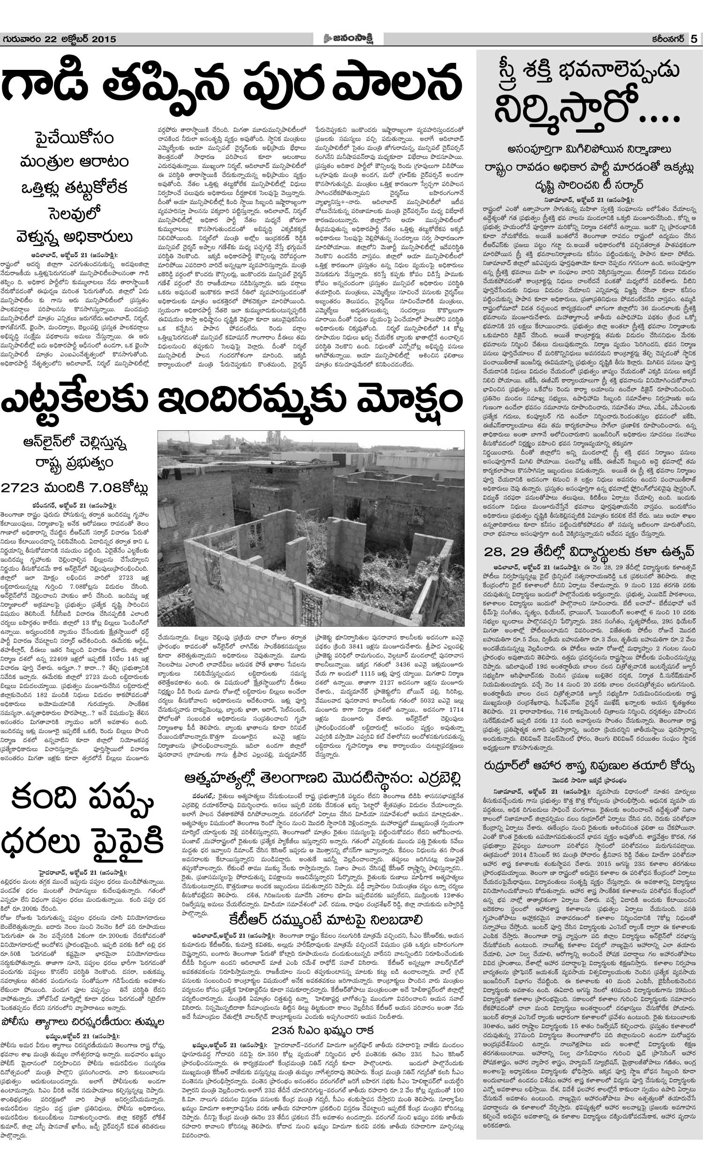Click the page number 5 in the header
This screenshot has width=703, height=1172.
click(x=694, y=39)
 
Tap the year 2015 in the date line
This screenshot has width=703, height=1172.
click(x=103, y=39)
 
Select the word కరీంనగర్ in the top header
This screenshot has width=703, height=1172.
click(x=668, y=39)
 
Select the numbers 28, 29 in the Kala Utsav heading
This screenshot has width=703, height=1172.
click(x=505, y=552)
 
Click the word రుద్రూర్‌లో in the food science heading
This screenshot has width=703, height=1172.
click(x=512, y=766)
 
